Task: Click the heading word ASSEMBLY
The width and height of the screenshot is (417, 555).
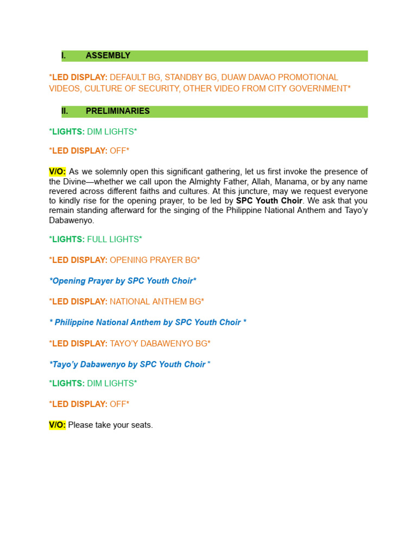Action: (x=108, y=56)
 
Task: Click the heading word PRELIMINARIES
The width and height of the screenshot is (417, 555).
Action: (x=118, y=111)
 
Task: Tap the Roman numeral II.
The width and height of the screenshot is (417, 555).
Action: (x=65, y=111)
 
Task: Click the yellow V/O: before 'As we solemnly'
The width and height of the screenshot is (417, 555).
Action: (x=57, y=172)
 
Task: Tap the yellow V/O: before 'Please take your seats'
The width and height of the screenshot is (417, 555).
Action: (x=57, y=425)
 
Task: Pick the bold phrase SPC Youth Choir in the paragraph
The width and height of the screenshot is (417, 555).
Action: (x=269, y=201)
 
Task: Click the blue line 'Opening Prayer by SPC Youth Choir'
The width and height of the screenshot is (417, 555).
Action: (x=123, y=281)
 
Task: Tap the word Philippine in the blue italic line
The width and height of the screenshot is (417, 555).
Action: (x=74, y=322)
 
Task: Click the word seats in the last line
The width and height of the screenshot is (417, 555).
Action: (x=142, y=425)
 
